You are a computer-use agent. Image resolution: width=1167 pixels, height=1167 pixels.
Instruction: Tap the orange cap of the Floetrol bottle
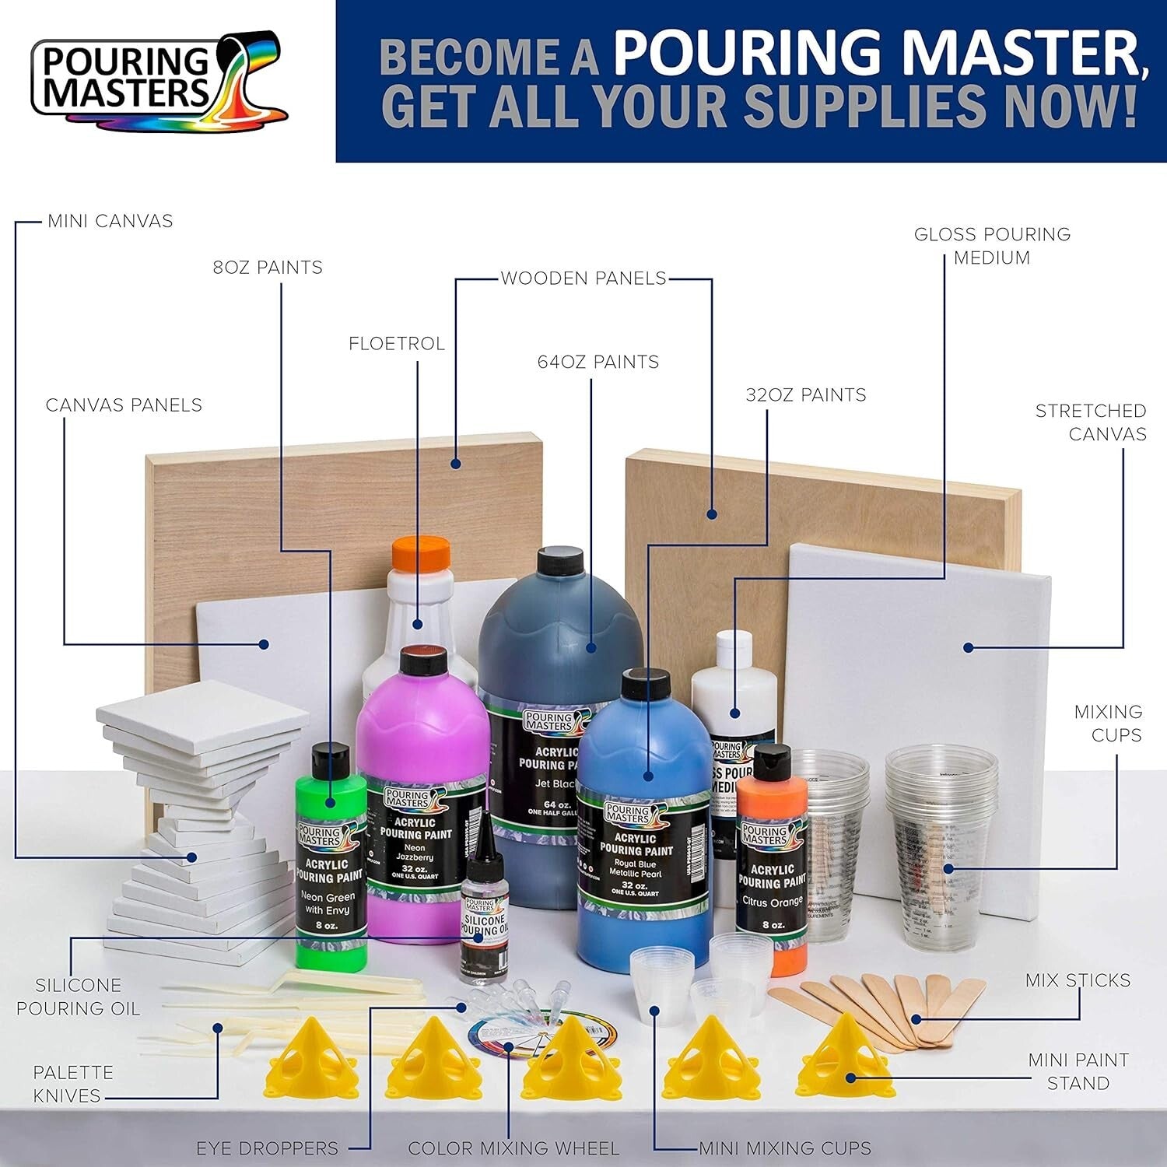pyautogui.click(x=421, y=553)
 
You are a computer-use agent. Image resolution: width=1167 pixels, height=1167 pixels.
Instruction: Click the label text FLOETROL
pyautogui.click(x=397, y=343)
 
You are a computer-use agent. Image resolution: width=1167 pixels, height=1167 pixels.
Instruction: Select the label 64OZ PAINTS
pyautogui.click(x=598, y=362)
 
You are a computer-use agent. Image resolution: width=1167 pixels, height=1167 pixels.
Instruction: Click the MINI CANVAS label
pyautogui.click(x=110, y=221)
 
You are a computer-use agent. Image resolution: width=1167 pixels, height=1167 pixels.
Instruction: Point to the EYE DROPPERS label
pyautogui.click(x=267, y=1148)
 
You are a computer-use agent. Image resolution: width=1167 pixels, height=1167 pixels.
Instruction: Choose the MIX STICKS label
pyautogui.click(x=1078, y=980)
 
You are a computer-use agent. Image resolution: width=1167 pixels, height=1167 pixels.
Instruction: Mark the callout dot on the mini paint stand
pyautogui.click(x=850, y=1078)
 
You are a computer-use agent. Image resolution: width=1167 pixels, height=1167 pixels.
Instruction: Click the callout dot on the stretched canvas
pyautogui.click(x=969, y=647)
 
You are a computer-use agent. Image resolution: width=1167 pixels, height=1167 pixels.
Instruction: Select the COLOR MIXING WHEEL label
pyautogui.click(x=513, y=1148)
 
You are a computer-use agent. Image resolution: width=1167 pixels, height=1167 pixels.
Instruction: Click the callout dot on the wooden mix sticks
pyautogui.click(x=916, y=1019)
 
